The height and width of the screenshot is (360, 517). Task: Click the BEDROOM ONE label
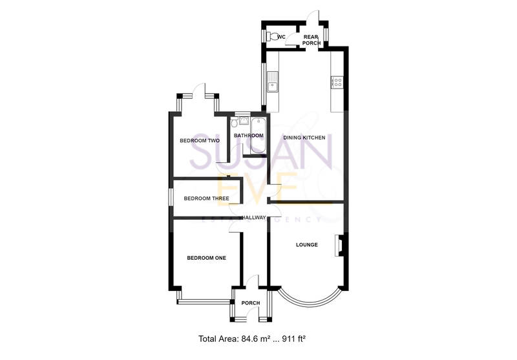(206, 258)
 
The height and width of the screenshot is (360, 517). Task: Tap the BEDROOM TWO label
(200, 140)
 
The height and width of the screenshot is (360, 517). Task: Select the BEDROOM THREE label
(206, 198)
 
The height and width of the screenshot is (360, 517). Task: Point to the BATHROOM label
(249, 136)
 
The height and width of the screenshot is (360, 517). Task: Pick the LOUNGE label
(307, 244)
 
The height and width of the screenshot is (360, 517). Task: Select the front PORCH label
(250, 303)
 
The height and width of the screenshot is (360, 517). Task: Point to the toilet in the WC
(274, 37)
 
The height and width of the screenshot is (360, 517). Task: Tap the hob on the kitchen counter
(337, 82)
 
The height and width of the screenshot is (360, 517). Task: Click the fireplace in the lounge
(338, 246)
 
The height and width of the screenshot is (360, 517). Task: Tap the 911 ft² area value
(301, 338)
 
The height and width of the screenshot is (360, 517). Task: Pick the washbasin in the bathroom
(244, 120)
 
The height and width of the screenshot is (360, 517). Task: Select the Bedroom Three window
(171, 198)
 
